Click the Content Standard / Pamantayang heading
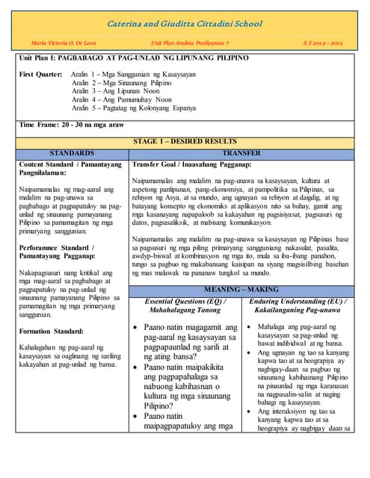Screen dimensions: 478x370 (67, 167)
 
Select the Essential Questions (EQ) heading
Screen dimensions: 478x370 (186, 302)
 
